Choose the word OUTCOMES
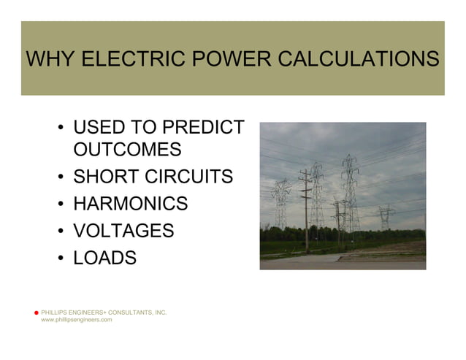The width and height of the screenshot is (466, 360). tap(127, 150)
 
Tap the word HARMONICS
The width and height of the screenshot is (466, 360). tap(130, 204)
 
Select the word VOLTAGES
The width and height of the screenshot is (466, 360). tap(123, 231)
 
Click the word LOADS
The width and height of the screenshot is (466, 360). tap(104, 258)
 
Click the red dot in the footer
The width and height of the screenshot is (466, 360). tap(36, 313)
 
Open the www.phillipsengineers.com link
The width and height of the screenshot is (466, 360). tap(77, 321)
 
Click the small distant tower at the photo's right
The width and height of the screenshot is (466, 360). tap(386, 217)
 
